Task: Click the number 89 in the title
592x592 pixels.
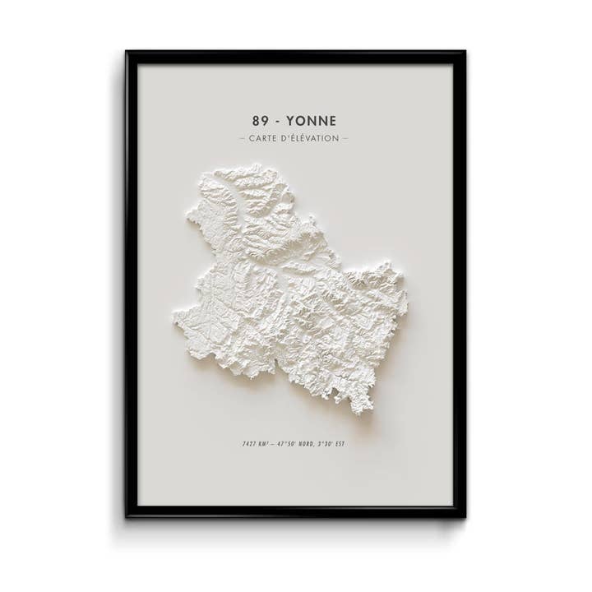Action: click(x=261, y=121)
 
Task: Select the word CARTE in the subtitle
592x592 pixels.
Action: click(x=263, y=138)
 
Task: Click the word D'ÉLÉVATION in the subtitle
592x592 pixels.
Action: click(x=310, y=138)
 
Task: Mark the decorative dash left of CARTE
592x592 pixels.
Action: click(x=241, y=138)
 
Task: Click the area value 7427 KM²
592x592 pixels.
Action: click(x=256, y=444)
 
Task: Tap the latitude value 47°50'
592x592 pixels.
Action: click(x=288, y=444)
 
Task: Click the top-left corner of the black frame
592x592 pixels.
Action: click(x=127, y=53)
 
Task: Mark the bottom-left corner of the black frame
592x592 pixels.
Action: click(x=127, y=516)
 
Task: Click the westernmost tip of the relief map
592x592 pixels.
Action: click(x=174, y=315)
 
